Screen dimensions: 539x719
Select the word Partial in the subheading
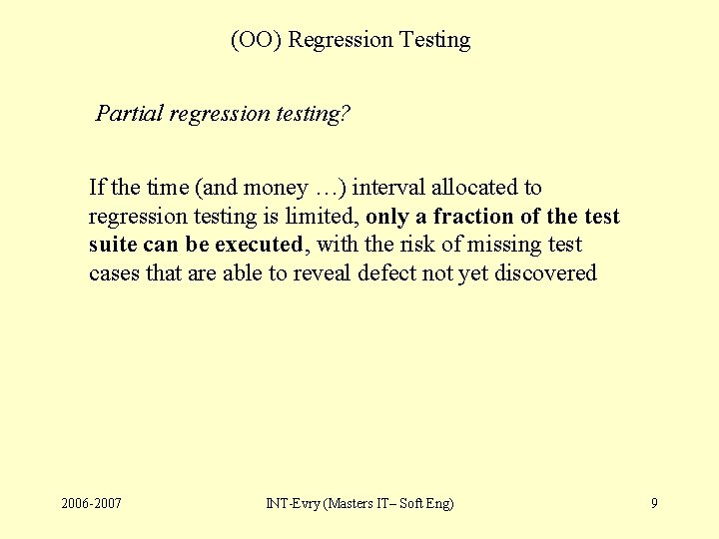[129, 114]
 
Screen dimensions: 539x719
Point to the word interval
[388, 188]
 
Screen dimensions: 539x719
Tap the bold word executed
[259, 245]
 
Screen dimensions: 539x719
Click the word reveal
[323, 273]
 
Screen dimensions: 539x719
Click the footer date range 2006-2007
[91, 503]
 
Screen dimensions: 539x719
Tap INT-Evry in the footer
[291, 503]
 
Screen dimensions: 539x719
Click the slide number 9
[654, 503]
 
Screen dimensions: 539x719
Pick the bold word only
[387, 217]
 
